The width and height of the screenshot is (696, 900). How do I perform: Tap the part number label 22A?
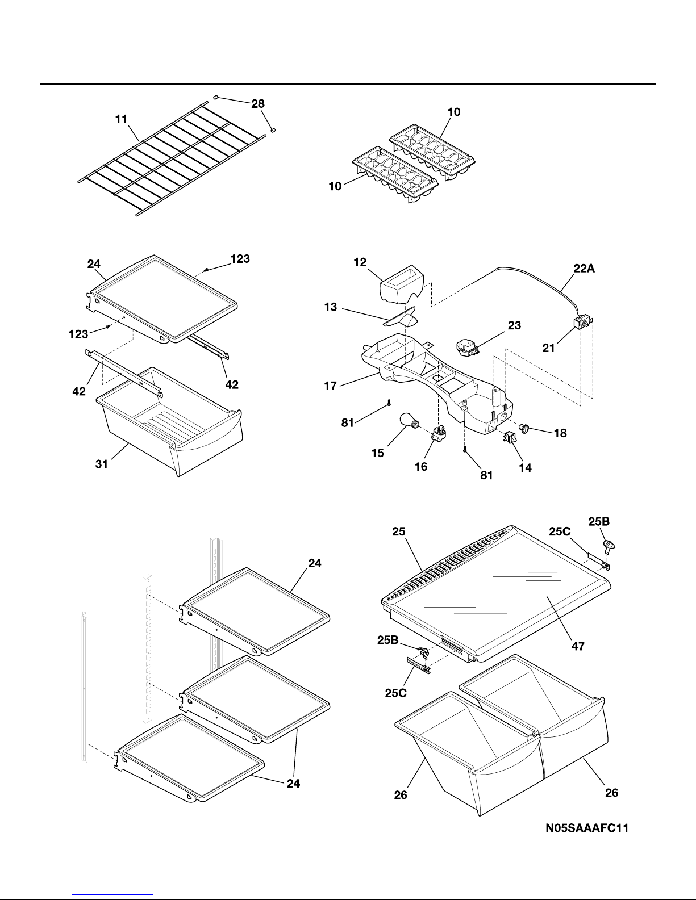584,269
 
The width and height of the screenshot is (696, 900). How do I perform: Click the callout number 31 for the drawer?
102,464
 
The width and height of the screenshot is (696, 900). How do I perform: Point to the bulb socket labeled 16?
440,433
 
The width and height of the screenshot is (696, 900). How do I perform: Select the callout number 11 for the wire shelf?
122,119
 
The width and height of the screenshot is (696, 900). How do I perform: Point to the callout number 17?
331,386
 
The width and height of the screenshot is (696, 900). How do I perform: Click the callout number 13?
331,307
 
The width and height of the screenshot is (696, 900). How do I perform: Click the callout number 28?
258,103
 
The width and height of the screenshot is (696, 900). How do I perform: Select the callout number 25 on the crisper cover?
398,531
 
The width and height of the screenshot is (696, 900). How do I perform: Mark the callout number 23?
515,325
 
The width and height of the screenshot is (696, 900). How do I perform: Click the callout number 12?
360,262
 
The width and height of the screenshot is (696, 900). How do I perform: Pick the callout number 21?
548,348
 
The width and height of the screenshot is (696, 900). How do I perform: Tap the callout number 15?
377,453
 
